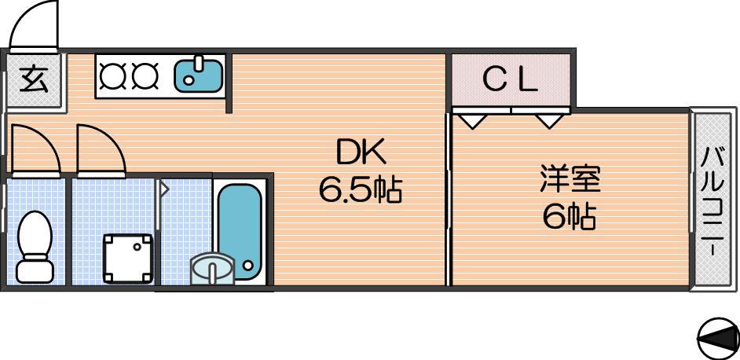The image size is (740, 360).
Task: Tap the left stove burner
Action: click(x=112, y=76)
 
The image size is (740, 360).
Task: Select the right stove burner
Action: click(x=144, y=76)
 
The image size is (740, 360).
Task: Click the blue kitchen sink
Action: click(x=198, y=75)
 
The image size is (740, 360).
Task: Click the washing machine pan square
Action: click(x=128, y=258)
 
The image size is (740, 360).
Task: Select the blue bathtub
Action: click(x=240, y=232)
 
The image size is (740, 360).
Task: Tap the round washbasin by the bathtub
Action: click(x=212, y=270)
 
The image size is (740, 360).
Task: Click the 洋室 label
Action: click(x=570, y=179)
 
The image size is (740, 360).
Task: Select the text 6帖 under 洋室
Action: click(x=570, y=216)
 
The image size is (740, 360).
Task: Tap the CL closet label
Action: click(x=510, y=81)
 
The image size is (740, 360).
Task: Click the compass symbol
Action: click(x=718, y=338)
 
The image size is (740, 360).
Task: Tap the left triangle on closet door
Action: click(x=474, y=120)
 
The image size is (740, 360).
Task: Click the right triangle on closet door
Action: click(x=548, y=120)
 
